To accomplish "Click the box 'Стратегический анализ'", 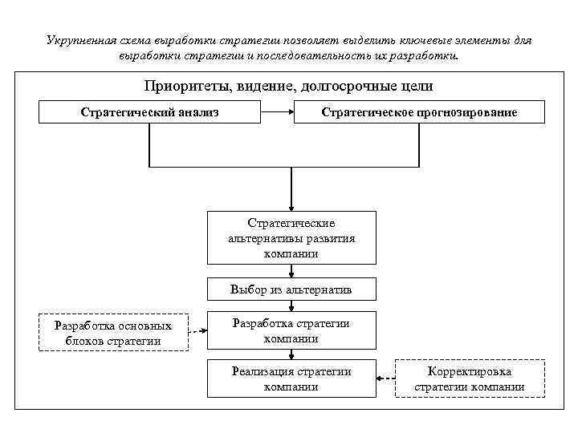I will coord(150,112).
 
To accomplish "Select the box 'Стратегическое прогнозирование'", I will coord(420,112).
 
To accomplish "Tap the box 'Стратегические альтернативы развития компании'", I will coord(291,237).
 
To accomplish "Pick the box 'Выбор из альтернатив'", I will coord(291,289).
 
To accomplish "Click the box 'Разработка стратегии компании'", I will coord(291,330).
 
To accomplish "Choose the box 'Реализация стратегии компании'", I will coord(291,378).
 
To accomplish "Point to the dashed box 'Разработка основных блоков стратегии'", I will coord(113,333).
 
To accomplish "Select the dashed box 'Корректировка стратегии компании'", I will coord(470,378).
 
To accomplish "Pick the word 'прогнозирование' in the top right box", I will coord(466,112).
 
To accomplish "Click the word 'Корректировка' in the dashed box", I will coord(470,372).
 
